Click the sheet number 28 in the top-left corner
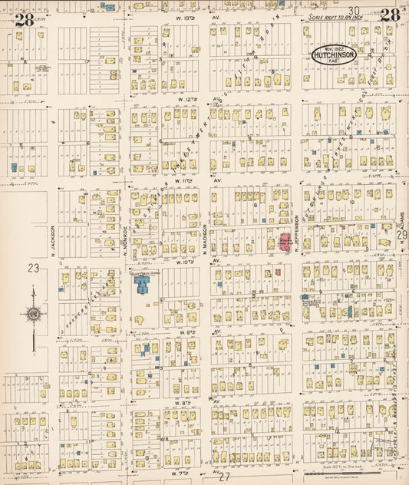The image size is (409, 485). pyautogui.click(x=23, y=18)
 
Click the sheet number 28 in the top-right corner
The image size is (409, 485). pyautogui.click(x=389, y=15)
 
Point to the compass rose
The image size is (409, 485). pyautogui.click(x=34, y=312)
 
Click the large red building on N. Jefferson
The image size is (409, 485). pyautogui.click(x=285, y=244)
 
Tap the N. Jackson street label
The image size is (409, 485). pyautogui.click(x=53, y=239)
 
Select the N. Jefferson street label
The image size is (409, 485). pyautogui.click(x=295, y=231)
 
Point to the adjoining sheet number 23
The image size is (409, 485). pyautogui.click(x=33, y=268)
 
